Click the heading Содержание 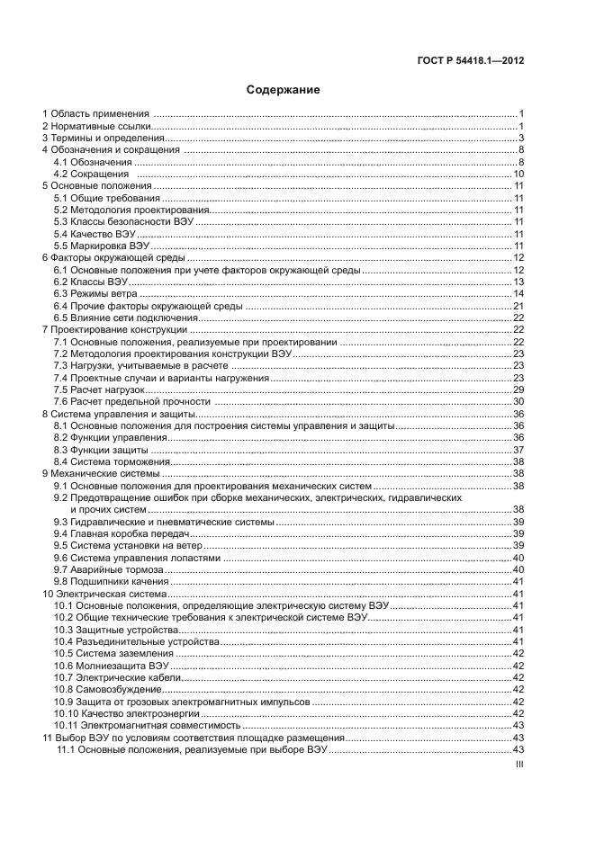pos(284,90)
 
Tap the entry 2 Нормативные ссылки pos(95,126)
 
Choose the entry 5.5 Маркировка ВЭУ pos(101,246)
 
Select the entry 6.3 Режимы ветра pos(95,293)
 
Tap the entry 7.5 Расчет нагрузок pos(99,389)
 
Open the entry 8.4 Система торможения pos(106,461)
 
